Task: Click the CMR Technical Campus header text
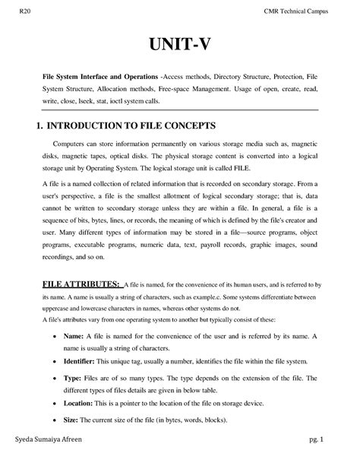tap(303, 10)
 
